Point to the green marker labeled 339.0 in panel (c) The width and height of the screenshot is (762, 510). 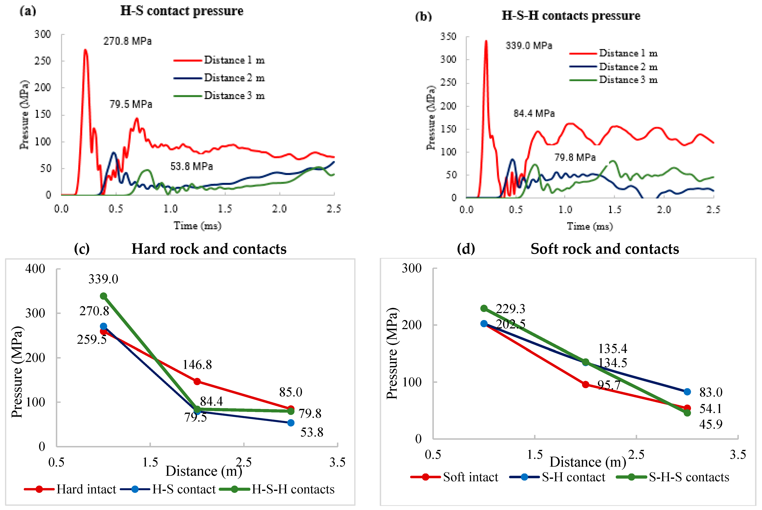103,296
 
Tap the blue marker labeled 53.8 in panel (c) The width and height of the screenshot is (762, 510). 291,423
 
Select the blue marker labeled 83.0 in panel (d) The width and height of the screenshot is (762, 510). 687,392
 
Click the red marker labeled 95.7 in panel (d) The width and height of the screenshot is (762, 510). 585,384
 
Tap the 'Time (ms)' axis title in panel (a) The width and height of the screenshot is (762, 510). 197,225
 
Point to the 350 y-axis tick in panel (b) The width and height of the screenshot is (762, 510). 448,36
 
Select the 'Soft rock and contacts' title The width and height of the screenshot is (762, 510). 605,249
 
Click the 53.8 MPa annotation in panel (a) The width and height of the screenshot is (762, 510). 192,167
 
